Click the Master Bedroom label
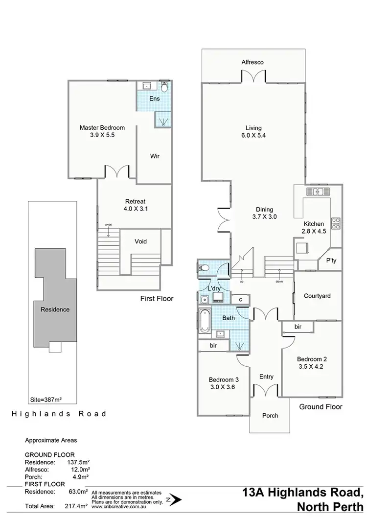click(x=102, y=128)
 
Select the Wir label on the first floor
click(x=154, y=156)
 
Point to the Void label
click(x=140, y=241)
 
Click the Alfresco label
click(x=252, y=62)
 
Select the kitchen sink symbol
click(x=317, y=191)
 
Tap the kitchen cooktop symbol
click(x=336, y=223)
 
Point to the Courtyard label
click(x=317, y=296)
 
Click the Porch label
click(x=270, y=415)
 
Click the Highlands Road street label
click(x=59, y=414)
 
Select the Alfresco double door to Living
click(x=252, y=76)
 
